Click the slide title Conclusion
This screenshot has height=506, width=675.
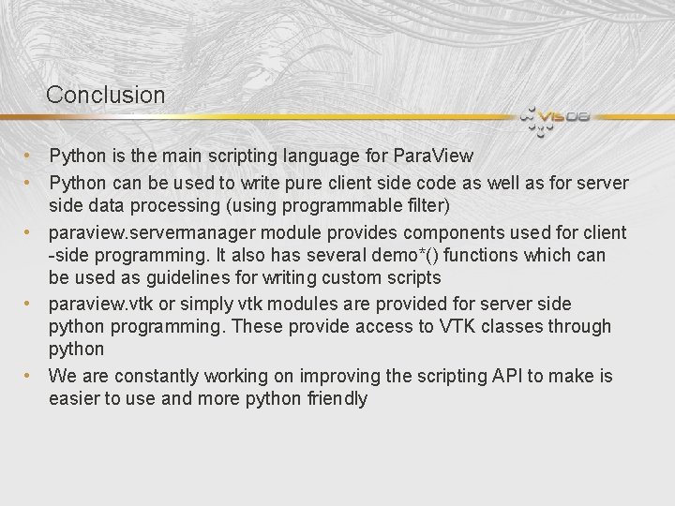105,95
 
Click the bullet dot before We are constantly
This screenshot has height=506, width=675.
30,376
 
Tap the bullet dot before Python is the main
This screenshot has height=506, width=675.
30,156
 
